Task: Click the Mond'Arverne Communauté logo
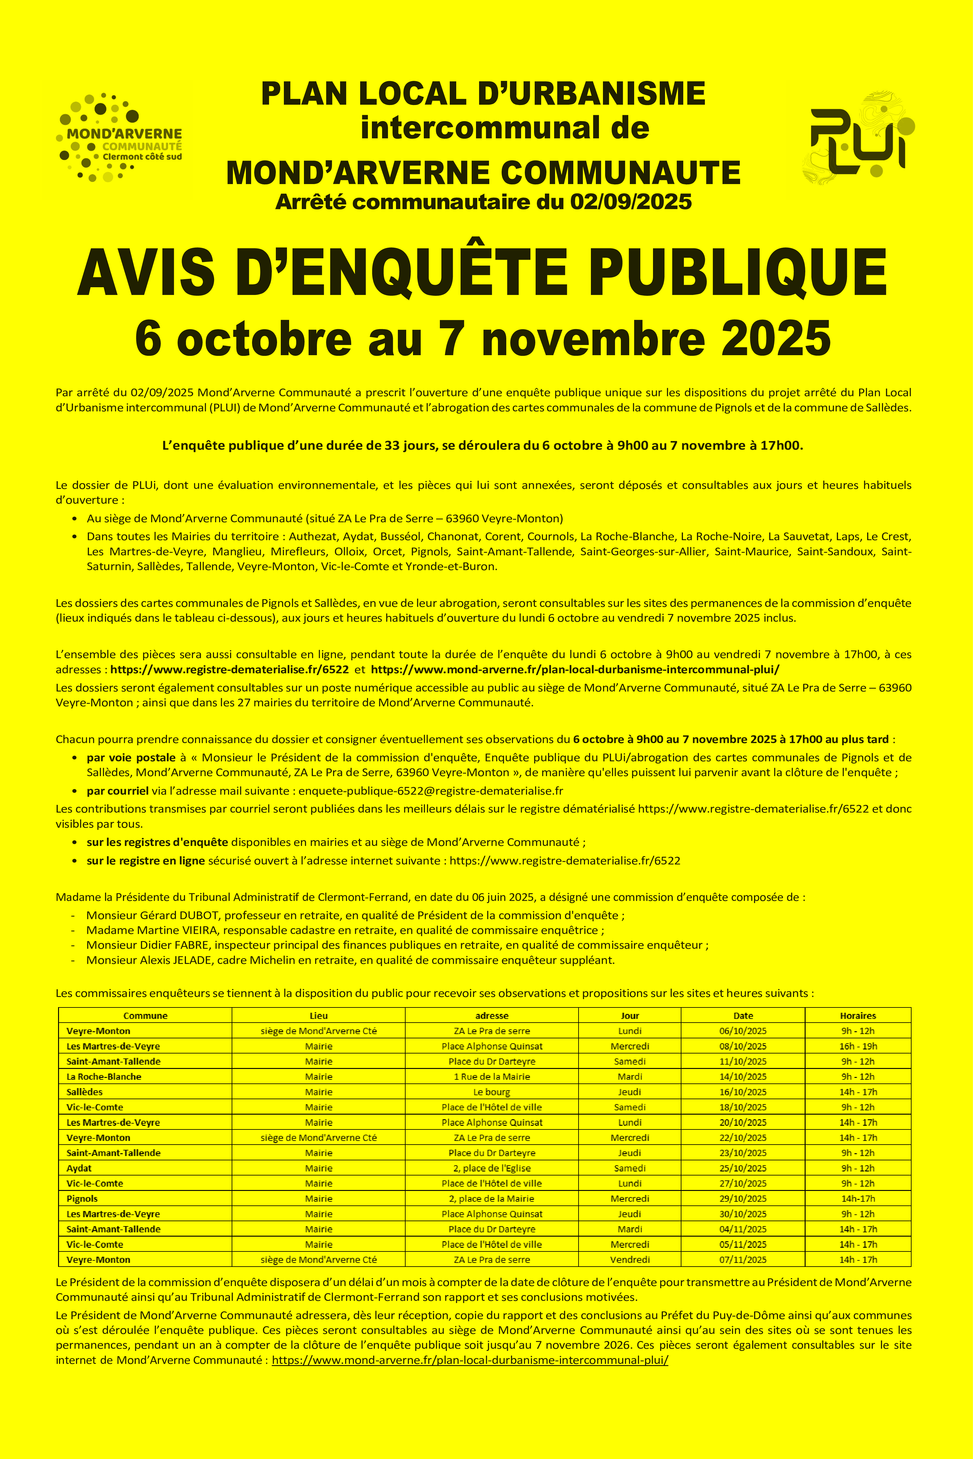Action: (x=120, y=138)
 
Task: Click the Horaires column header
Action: (x=857, y=1015)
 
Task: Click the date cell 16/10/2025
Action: (x=743, y=1092)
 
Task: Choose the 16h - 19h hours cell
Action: (x=857, y=1046)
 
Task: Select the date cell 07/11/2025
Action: (x=743, y=1259)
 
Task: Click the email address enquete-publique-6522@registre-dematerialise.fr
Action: (x=431, y=791)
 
